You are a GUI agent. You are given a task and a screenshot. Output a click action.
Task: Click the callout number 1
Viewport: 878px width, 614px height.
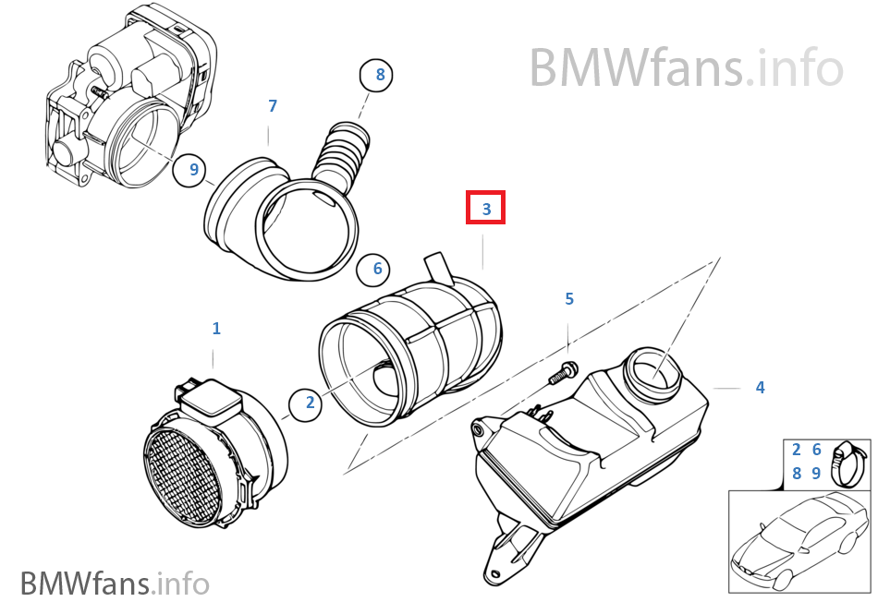[216, 328]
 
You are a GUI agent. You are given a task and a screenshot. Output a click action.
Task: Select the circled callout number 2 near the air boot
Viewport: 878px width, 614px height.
[310, 402]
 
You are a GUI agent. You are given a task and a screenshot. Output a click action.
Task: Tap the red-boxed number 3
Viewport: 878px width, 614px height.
[486, 209]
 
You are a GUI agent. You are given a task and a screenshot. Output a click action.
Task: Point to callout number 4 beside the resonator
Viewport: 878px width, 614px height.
[760, 388]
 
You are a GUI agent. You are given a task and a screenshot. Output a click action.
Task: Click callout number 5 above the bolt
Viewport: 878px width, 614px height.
[569, 298]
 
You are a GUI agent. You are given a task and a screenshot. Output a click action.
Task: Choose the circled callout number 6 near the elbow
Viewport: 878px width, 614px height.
[377, 269]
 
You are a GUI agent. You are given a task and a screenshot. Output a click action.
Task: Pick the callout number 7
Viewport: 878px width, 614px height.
[273, 106]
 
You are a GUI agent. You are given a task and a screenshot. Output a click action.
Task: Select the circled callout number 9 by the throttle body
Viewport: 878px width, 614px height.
[193, 169]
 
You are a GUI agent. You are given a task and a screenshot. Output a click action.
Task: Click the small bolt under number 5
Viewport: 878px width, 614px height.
[561, 374]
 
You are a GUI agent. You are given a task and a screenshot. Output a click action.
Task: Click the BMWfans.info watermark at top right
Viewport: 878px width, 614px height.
[686, 66]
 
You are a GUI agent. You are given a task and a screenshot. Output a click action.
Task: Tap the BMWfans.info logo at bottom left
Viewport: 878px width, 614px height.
[115, 584]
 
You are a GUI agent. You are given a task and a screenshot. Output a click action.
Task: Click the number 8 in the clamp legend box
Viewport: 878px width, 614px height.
[797, 473]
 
